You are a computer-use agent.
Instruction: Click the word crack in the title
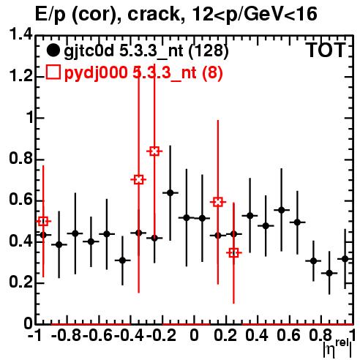(154, 14)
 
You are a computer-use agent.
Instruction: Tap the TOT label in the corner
(326, 50)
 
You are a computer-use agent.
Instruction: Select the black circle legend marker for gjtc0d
(53, 50)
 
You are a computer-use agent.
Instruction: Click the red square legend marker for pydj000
(53, 72)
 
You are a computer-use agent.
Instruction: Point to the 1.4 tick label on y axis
(20, 34)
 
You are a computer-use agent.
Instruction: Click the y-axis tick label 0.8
(20, 158)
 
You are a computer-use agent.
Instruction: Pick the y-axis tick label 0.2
(20, 282)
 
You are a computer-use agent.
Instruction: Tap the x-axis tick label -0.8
(67, 335)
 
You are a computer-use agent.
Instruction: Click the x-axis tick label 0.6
(288, 335)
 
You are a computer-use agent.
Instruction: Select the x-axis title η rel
(337, 348)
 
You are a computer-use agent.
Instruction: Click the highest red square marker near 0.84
(154, 151)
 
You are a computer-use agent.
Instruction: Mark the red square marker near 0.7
(138, 180)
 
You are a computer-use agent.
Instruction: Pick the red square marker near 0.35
(233, 253)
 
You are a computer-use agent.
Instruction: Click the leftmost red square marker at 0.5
(43, 222)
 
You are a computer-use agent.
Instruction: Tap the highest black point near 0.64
(170, 193)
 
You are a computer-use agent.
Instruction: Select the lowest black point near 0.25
(329, 273)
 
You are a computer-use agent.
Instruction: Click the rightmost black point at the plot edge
(345, 259)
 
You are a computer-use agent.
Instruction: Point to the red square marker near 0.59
(218, 202)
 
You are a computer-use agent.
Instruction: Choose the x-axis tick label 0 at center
(194, 335)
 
